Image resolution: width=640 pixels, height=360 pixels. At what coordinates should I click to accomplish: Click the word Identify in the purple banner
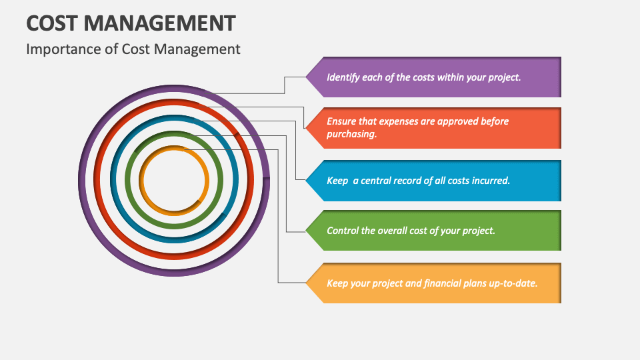343,77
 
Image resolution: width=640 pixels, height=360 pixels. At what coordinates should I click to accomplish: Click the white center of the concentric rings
175,180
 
